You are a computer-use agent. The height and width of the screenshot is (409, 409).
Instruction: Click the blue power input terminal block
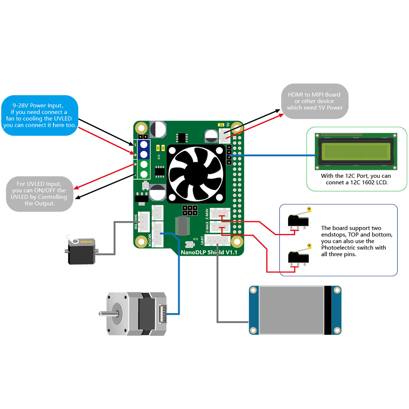144,149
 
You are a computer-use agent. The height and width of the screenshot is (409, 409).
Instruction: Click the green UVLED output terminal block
144,169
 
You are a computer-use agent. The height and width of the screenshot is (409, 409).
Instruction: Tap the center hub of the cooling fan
196,173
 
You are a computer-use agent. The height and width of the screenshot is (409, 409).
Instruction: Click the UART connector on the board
217,240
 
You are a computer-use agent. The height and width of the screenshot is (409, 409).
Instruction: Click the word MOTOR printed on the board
150,240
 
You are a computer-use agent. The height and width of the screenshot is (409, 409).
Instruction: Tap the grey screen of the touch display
291,310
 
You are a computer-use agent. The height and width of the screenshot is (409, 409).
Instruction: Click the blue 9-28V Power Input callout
40,115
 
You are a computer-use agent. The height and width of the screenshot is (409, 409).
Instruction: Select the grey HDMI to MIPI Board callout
314,101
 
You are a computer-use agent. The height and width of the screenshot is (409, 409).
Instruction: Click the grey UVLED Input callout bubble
40,194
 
